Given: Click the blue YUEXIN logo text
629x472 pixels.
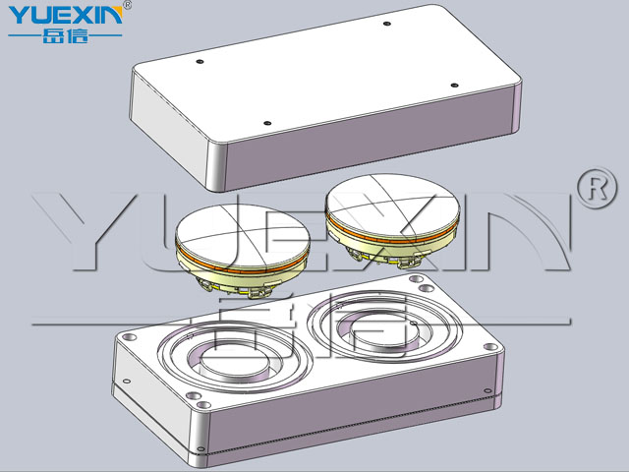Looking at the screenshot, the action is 65,16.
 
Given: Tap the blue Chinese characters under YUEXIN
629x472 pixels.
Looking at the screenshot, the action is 65,36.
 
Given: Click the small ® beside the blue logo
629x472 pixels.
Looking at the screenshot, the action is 127,5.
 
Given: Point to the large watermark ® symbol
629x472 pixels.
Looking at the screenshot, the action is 597,188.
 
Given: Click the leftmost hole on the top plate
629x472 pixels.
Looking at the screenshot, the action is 200,61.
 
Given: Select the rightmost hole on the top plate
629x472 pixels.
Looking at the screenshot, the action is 454,86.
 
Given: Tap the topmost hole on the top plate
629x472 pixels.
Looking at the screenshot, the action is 386,24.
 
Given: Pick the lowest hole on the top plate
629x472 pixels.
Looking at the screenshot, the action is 267,123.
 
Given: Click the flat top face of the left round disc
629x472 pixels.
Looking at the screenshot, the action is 243,234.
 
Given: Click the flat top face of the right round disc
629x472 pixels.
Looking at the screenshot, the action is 392,205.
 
